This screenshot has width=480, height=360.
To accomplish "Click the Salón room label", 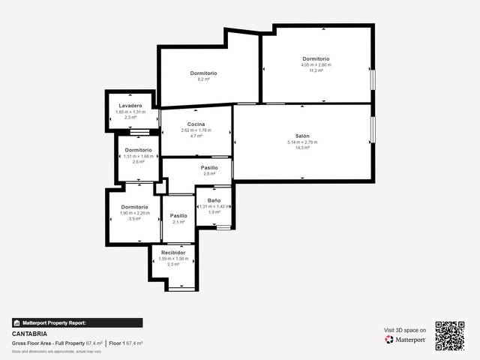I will click(302, 136).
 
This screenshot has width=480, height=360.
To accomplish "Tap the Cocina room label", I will click(196, 124).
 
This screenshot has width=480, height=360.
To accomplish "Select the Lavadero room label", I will click(130, 106).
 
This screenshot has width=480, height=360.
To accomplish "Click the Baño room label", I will click(214, 200).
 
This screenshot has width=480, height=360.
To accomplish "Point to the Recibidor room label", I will click(172, 253).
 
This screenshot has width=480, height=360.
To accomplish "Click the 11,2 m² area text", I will click(316, 70).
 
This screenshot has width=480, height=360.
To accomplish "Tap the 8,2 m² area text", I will click(202, 79).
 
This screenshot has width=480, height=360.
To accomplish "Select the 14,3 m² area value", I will click(302, 148).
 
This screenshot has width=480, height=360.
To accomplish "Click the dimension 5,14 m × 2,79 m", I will click(302, 142).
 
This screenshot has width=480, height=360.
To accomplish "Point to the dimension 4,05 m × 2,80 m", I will click(316, 64).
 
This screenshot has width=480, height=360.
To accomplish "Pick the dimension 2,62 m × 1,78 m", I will click(196, 130).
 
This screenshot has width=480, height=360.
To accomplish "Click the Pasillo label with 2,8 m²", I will click(209, 167).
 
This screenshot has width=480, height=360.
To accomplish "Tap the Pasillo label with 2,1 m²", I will click(178, 215).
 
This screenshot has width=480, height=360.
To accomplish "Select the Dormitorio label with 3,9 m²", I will click(134, 206).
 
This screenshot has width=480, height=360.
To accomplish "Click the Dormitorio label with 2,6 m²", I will click(138, 150).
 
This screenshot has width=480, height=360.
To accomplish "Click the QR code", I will click(450, 336).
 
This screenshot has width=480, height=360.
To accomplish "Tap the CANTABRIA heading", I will click(30, 334).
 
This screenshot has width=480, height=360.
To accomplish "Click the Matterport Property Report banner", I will click(77, 322).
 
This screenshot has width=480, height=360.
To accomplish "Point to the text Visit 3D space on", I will click(405, 330).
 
